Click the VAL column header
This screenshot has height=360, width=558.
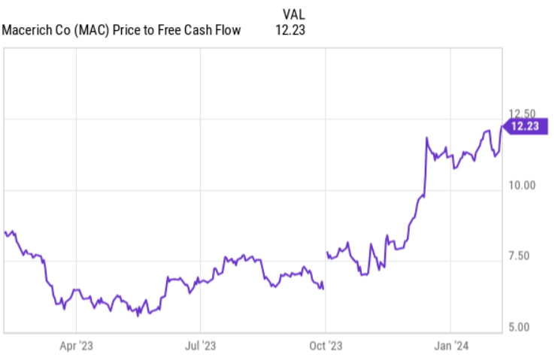click(x=294, y=14)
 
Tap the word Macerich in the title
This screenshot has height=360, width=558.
click(x=29, y=31)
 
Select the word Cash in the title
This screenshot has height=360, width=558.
click(x=197, y=31)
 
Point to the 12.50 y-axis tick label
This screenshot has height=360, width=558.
click(x=522, y=113)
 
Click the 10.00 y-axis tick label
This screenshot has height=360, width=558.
click(x=522, y=185)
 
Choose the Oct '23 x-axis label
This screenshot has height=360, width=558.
click(x=326, y=346)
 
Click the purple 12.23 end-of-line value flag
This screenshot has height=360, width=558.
click(x=524, y=126)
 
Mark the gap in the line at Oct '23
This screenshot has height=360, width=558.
click(x=325, y=271)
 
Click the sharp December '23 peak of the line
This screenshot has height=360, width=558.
click(x=426, y=138)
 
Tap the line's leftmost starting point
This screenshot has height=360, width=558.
click(x=5, y=232)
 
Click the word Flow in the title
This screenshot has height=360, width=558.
click(x=228, y=31)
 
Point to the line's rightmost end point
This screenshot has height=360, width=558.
click(x=502, y=126)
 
